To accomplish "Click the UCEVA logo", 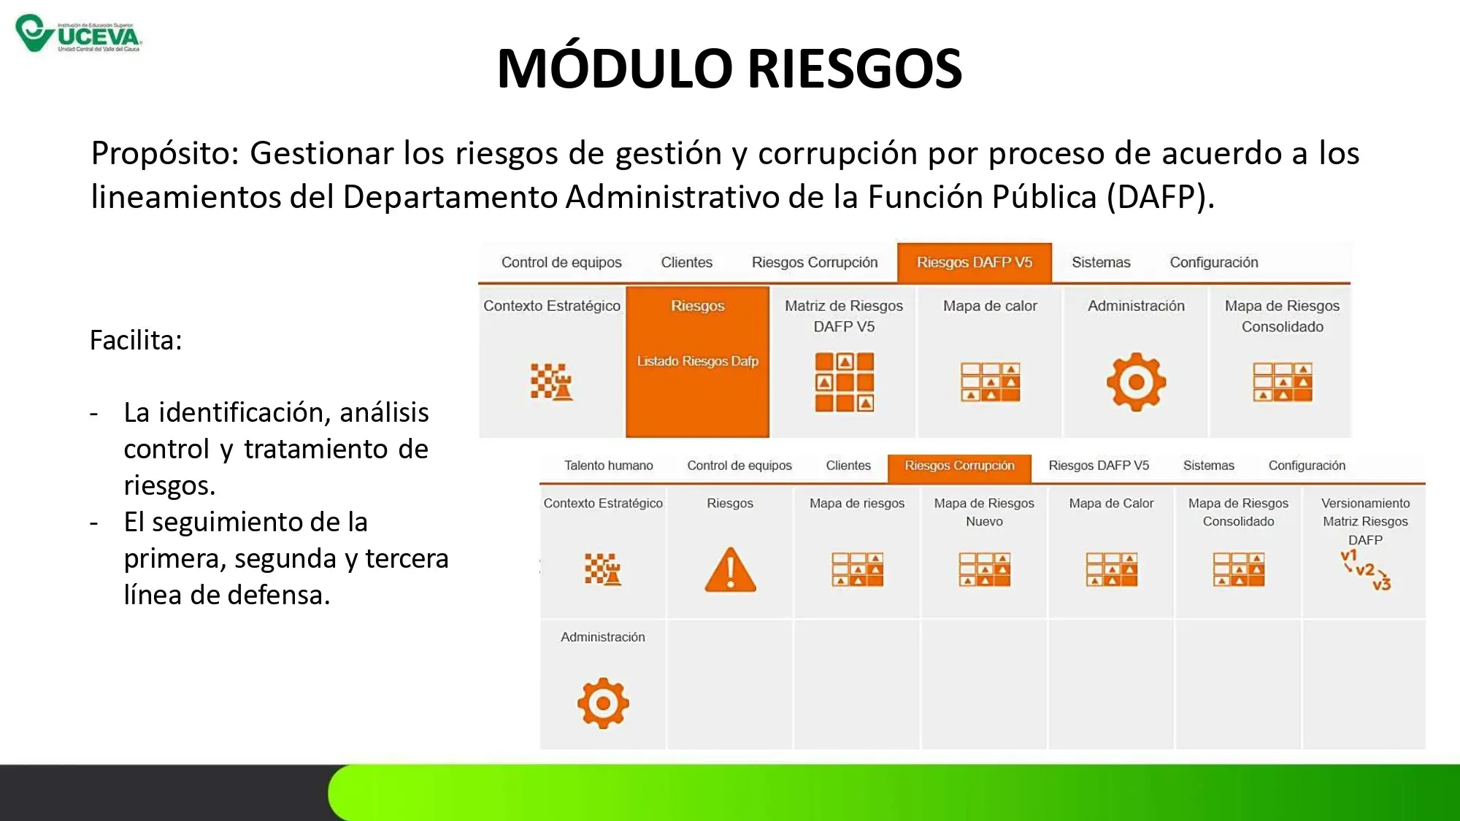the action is point(79,34).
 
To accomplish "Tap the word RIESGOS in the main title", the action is point(855,69).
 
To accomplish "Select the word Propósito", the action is point(166,154).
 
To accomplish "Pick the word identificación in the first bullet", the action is point(244,413).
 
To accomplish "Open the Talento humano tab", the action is point(609,466).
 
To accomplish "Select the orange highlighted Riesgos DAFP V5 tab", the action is point(975,263).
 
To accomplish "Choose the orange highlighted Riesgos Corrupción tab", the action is point(959,466).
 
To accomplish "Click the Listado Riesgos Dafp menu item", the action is point(698,361).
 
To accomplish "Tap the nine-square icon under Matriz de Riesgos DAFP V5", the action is point(845,382).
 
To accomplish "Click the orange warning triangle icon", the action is point(730,570).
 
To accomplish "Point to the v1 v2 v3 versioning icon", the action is point(1365,570).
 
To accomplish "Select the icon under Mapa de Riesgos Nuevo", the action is point(985,570).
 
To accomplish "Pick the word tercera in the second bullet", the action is point(407,559).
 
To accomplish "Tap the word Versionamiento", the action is point(1366,504).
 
